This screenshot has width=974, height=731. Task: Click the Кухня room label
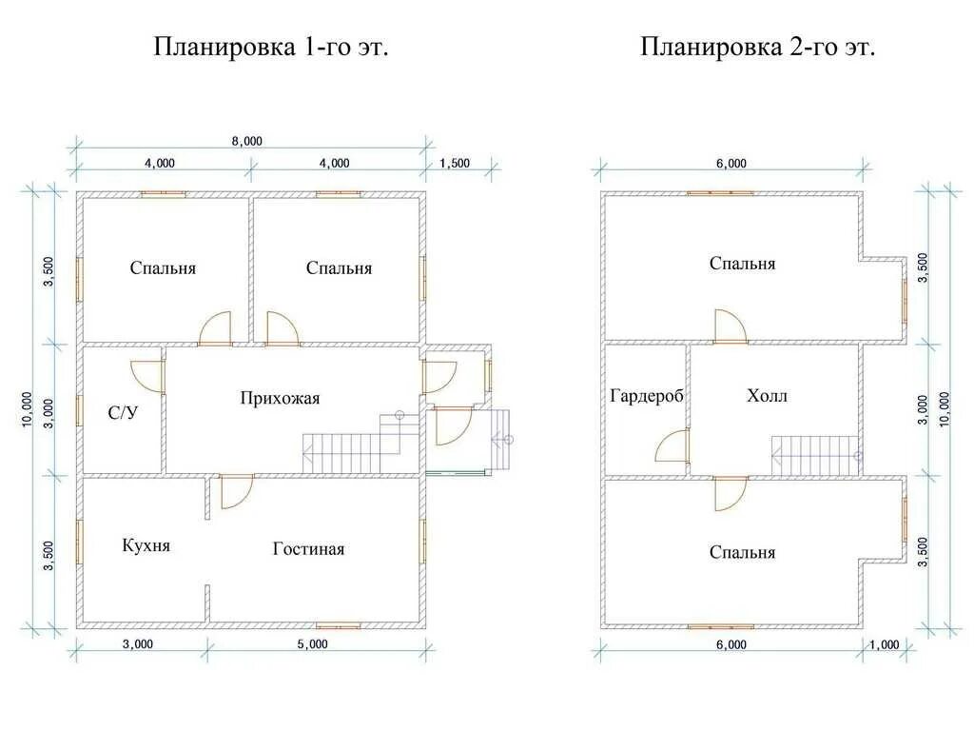146,545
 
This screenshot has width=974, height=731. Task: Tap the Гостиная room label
308,549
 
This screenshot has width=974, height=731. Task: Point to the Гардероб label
647,396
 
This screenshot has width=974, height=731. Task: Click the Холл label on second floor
767,396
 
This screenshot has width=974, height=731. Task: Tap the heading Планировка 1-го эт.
271,48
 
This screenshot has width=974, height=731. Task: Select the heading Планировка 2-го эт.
757,48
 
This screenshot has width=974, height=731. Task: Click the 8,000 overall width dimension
245,141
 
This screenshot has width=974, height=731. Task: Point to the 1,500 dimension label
455,163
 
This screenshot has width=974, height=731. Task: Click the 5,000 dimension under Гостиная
312,644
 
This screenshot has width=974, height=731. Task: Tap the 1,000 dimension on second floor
884,644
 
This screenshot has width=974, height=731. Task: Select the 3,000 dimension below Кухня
137,644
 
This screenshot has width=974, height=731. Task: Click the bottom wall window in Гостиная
339,625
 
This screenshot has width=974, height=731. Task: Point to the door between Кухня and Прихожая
236,490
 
